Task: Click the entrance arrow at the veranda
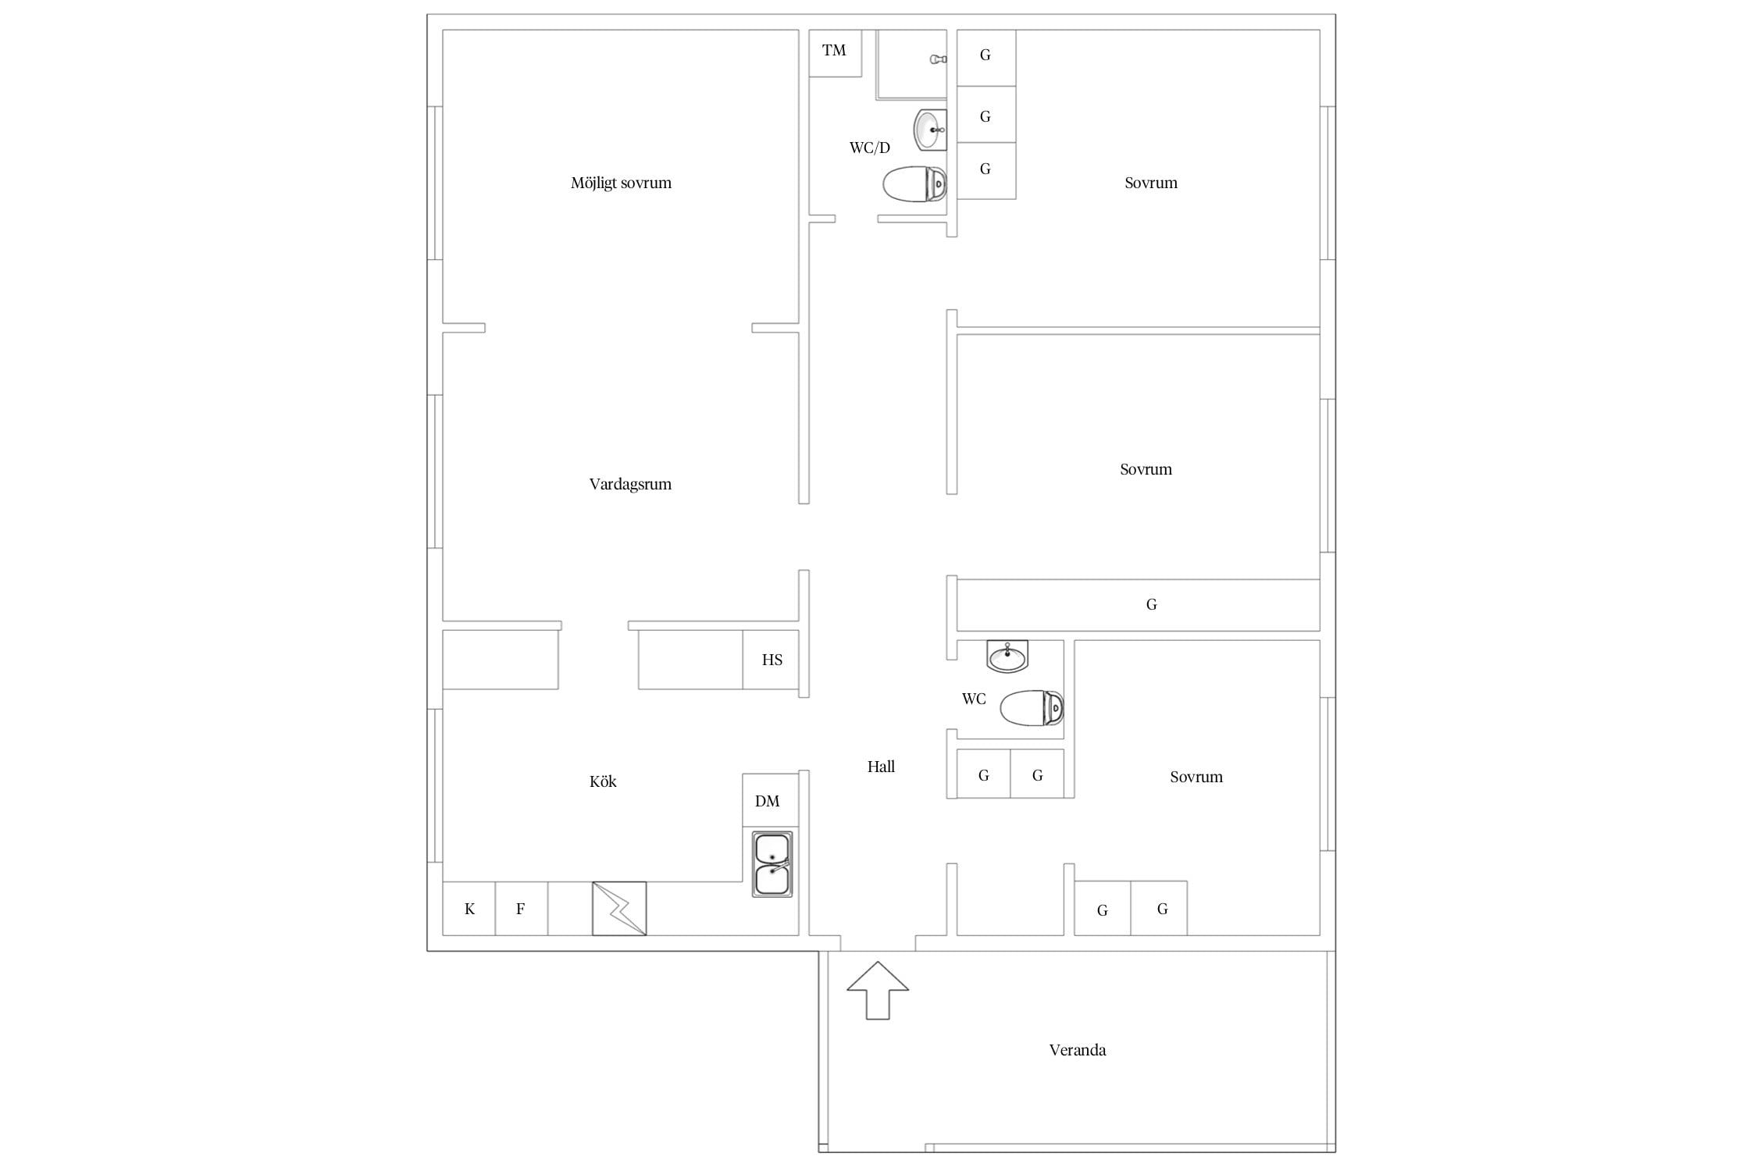pyautogui.click(x=878, y=990)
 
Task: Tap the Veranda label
pyautogui.click(x=1078, y=1050)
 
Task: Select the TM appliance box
pyautogui.click(x=835, y=53)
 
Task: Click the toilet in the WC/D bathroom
pyautogui.click(x=914, y=184)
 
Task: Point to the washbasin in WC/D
pyautogui.click(x=930, y=130)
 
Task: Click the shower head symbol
pyautogui.click(x=938, y=59)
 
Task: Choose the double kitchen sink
pyautogui.click(x=772, y=863)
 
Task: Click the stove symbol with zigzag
pyautogui.click(x=619, y=908)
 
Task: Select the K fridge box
pyautogui.click(x=469, y=909)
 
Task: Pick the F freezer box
pyautogui.click(x=521, y=909)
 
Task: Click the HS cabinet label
pyautogui.click(x=772, y=660)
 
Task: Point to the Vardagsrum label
pyautogui.click(x=630, y=484)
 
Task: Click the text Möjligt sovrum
pyautogui.click(x=621, y=183)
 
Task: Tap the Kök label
pyautogui.click(x=603, y=781)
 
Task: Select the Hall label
pyautogui.click(x=881, y=767)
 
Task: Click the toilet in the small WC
pyautogui.click(x=1032, y=708)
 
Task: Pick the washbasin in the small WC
pyautogui.click(x=1007, y=657)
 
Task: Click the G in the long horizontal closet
pyautogui.click(x=1151, y=604)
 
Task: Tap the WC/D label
pyautogui.click(x=870, y=148)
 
